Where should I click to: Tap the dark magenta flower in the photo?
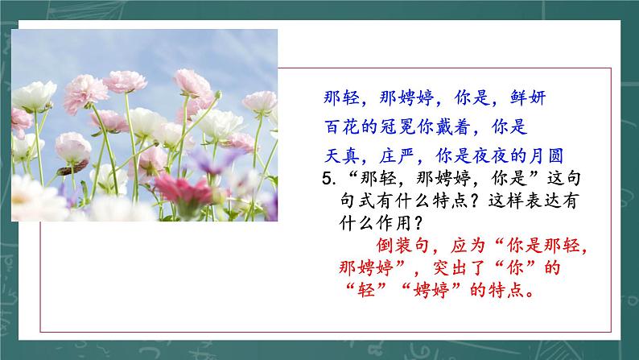point(181,190)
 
